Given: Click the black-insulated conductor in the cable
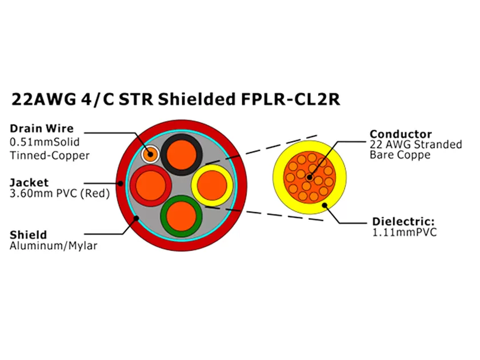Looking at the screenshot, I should [x=182, y=152].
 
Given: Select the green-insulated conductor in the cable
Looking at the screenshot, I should [x=181, y=215].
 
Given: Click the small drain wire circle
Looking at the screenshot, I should [x=150, y=153].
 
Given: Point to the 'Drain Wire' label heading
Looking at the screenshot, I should [x=42, y=129].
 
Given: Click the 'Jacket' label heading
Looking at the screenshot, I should [x=29, y=182].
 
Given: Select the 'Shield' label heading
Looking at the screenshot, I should [x=29, y=235].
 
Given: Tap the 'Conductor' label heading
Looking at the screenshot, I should [x=401, y=134].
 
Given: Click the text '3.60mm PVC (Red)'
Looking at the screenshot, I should [x=59, y=194].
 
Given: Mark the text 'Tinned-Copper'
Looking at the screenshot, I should [x=50, y=155].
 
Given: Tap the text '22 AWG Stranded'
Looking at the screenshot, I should [x=415, y=145].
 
